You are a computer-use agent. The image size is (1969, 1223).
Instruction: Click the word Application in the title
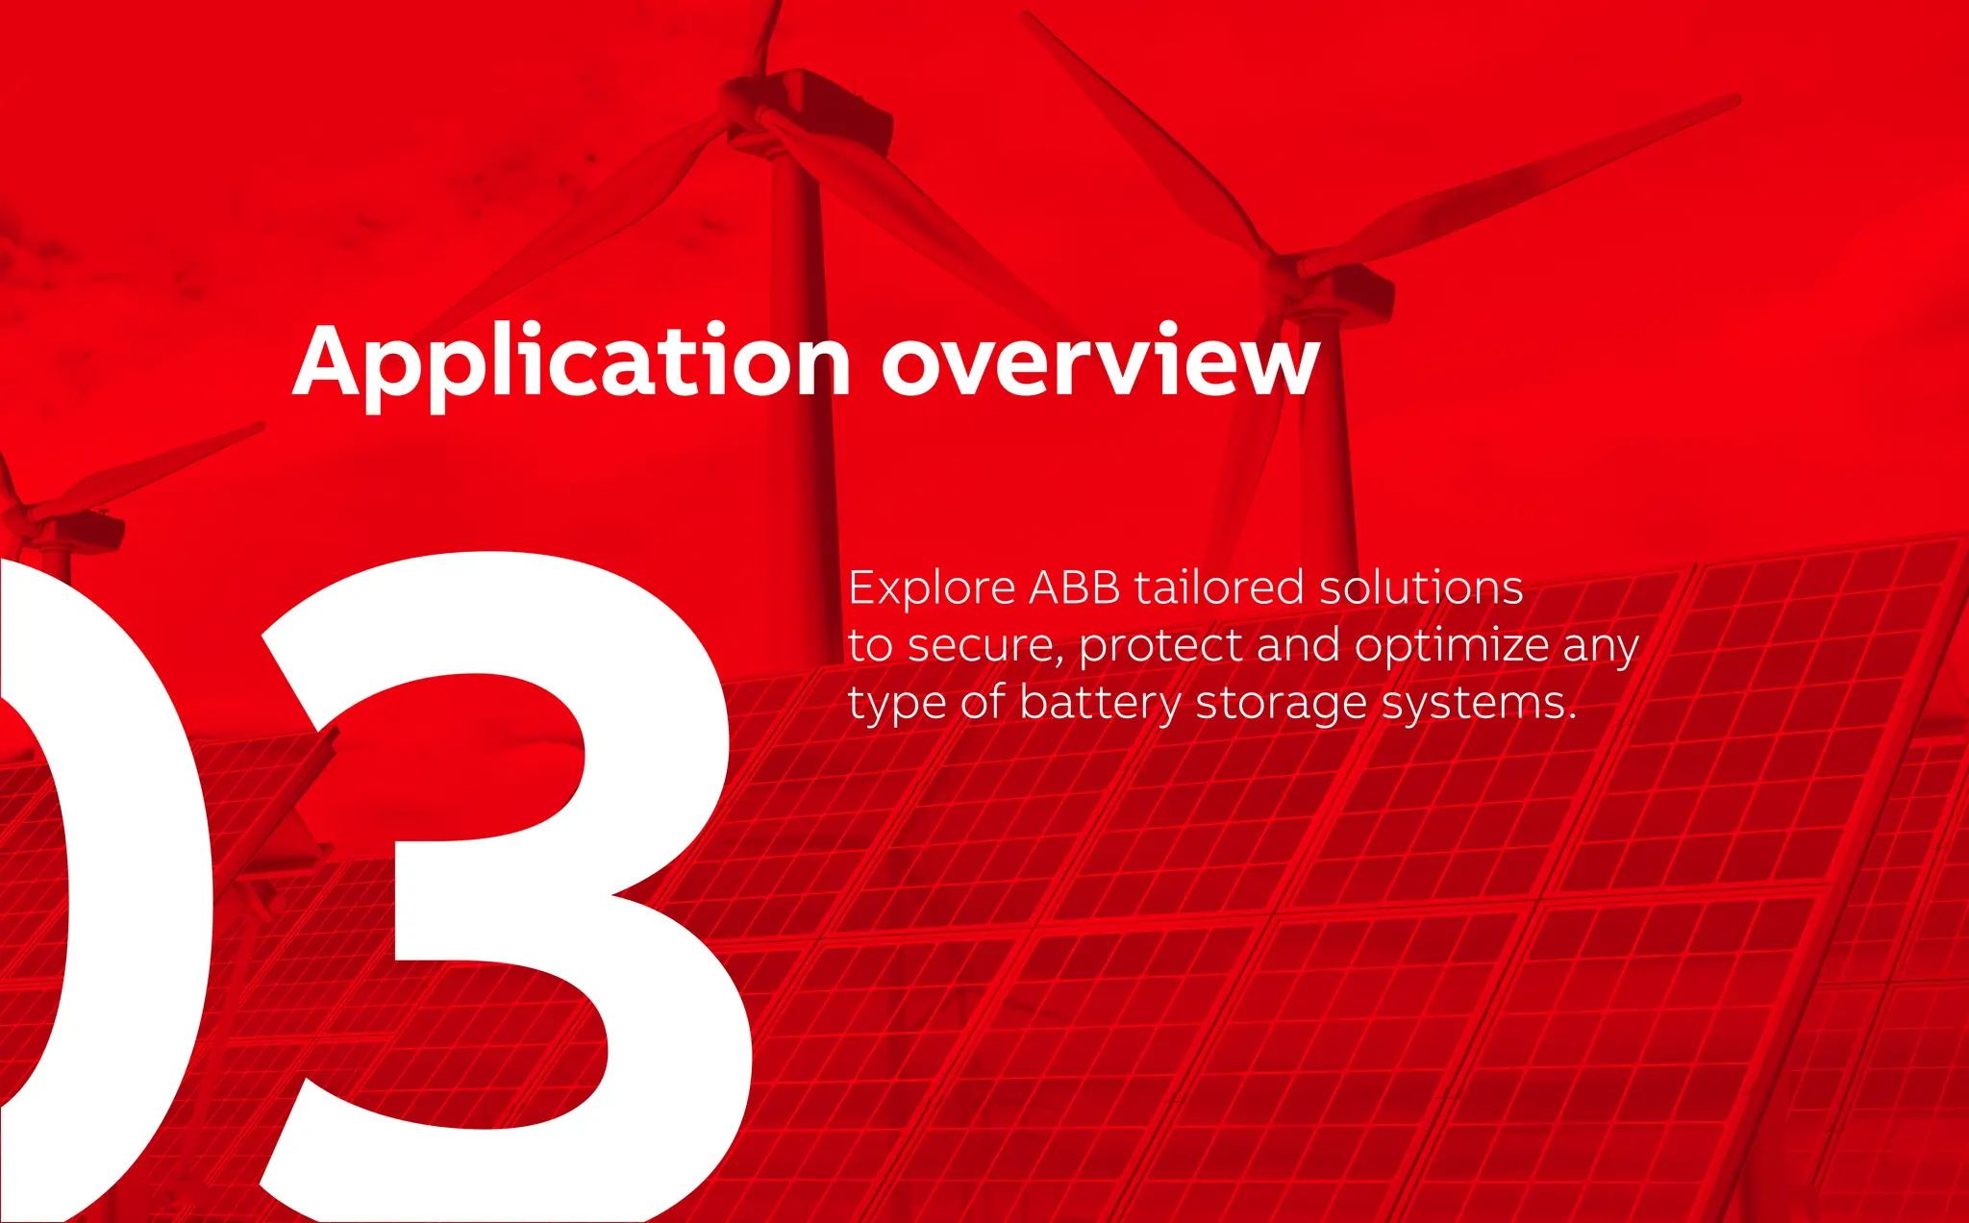[x=571, y=363]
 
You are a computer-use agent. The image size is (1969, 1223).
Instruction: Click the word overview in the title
[x=1100, y=363]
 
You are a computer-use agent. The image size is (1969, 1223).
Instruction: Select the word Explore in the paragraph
[x=931, y=588]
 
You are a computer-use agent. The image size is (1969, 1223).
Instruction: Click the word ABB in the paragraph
[x=1074, y=587]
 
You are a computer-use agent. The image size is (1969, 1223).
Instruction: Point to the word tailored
[x=1218, y=587]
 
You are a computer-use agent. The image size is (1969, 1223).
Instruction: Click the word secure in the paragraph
[x=984, y=646]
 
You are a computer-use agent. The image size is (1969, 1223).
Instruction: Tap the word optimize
[x=1451, y=646]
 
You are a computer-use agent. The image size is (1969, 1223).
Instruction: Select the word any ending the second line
[x=1600, y=646]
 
